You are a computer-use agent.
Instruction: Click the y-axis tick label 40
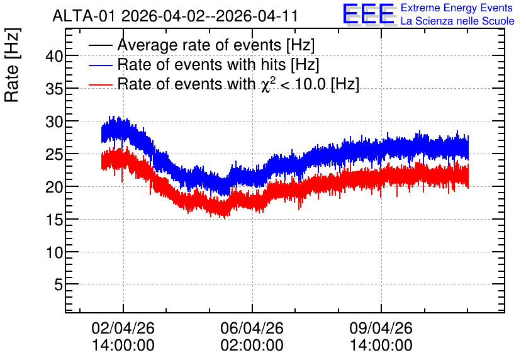(54, 56)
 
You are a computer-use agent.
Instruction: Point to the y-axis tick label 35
(54, 89)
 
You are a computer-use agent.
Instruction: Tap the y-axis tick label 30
(54, 121)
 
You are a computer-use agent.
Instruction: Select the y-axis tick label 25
(54, 154)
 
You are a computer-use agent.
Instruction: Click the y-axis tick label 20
(54, 187)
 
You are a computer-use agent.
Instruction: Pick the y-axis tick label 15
(54, 220)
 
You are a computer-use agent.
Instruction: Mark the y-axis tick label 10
(54, 252)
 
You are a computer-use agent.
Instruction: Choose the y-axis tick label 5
(59, 285)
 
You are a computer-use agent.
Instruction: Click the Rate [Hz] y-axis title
(12, 65)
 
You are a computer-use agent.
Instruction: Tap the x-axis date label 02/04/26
(123, 328)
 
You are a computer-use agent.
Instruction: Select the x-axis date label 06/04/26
(252, 328)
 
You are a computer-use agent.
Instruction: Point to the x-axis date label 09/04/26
(381, 328)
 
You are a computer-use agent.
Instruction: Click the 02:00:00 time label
(252, 346)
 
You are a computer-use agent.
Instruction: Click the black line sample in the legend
(100, 45)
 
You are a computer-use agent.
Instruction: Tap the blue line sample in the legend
(100, 65)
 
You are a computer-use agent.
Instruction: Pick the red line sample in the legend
(100, 84)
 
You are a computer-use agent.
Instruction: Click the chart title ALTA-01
(85, 16)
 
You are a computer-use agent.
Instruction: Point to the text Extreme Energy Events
(457, 8)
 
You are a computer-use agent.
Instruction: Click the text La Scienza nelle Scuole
(457, 21)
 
